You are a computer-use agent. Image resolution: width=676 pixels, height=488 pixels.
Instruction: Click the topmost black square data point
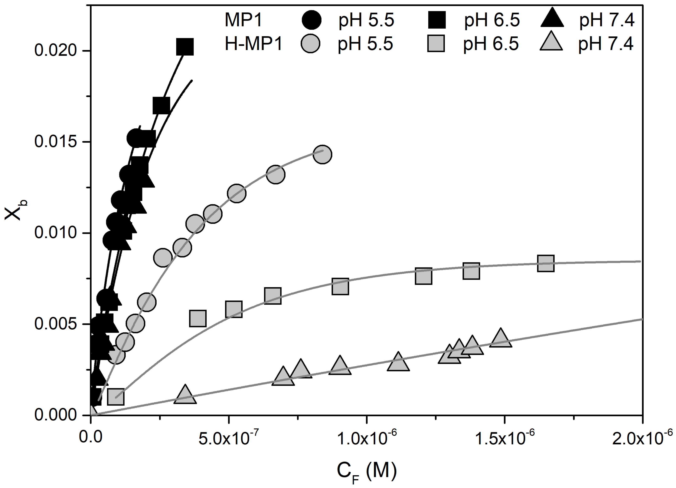(185, 47)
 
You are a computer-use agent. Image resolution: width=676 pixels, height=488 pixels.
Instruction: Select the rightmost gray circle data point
(322, 155)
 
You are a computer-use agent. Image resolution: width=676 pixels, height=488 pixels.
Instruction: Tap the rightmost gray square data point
(546, 263)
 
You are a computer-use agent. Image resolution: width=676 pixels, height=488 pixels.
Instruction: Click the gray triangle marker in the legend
(551, 42)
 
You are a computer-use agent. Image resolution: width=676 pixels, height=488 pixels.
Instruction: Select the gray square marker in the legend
(436, 43)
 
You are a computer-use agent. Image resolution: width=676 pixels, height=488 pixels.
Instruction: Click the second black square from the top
(161, 105)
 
